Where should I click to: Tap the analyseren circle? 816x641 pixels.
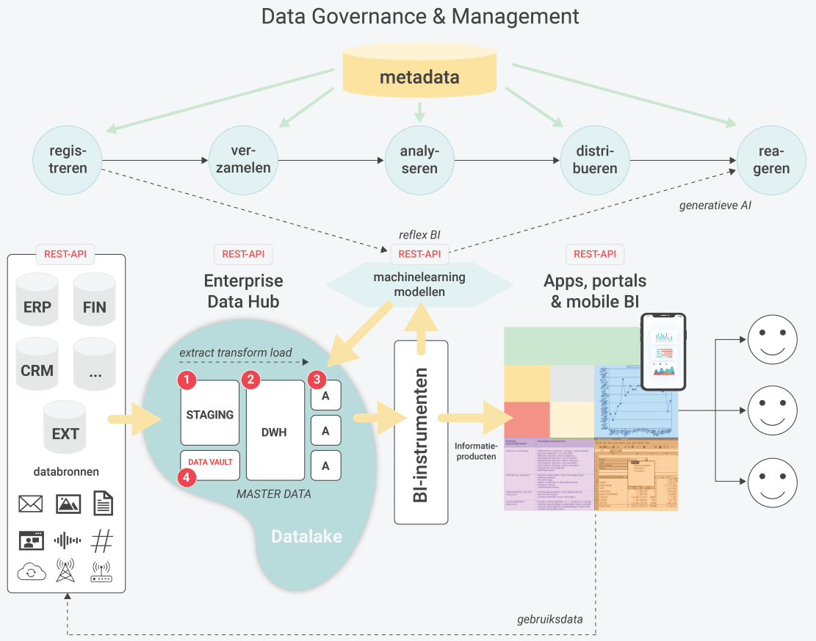coord(419,159)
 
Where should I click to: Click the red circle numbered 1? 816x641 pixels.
coord(188,380)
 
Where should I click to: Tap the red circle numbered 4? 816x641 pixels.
coord(188,477)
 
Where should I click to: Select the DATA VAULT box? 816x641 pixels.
coord(212,463)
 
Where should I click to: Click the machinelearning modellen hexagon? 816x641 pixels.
coord(419,284)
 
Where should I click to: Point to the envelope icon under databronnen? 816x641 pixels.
coord(31,504)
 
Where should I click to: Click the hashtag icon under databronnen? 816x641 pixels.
coord(101,541)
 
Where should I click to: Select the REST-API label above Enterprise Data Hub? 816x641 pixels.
coord(243,255)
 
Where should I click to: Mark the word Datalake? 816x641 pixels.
coord(306,537)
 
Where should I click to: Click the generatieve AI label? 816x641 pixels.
coord(715,206)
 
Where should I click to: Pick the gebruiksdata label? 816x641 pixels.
coord(550,619)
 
